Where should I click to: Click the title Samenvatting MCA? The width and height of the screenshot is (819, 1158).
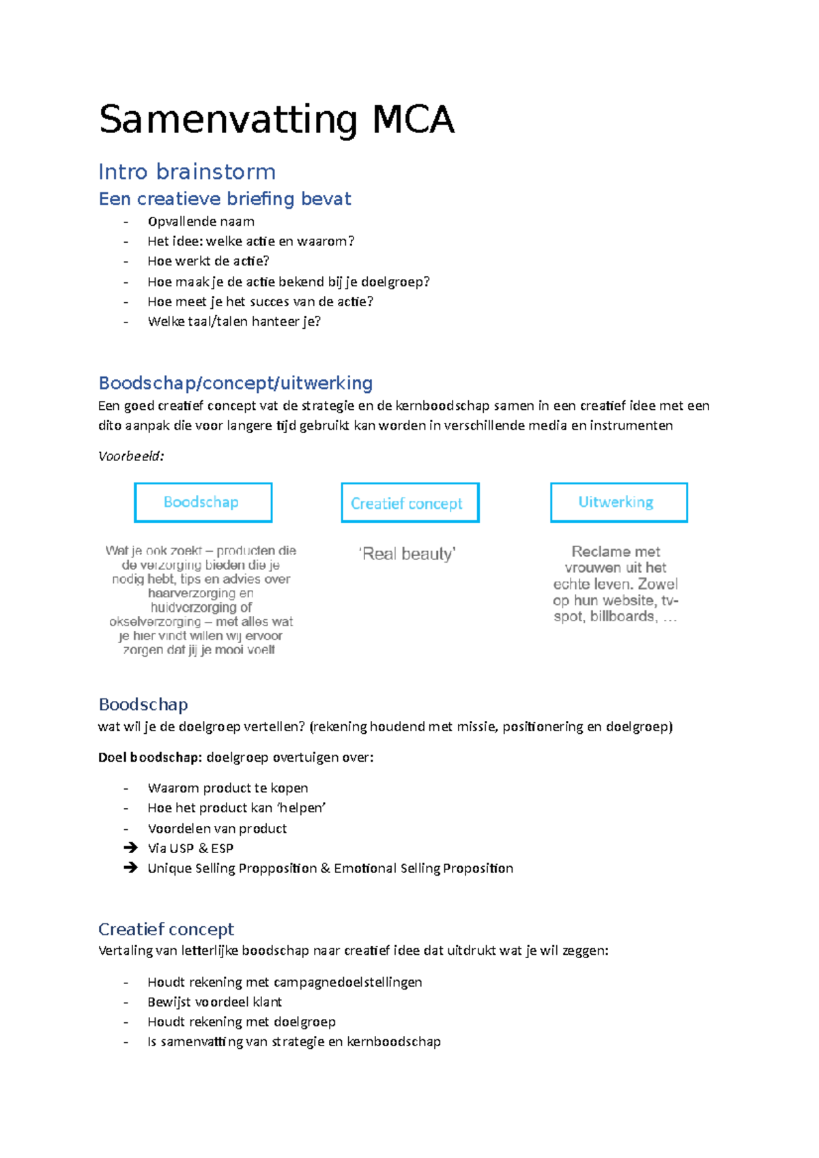click(276, 120)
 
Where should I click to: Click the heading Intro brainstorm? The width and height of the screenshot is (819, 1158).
click(187, 171)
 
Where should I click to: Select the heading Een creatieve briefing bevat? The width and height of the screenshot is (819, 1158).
click(225, 198)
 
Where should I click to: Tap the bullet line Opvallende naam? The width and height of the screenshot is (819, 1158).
click(201, 221)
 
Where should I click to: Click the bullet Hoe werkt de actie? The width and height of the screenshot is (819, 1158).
click(208, 261)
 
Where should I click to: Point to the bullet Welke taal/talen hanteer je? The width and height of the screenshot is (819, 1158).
click(233, 321)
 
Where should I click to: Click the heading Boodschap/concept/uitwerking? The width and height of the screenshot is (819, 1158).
click(235, 383)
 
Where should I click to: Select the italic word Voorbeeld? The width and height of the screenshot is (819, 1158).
click(131, 456)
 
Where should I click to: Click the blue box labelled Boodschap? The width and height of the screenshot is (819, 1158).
click(203, 503)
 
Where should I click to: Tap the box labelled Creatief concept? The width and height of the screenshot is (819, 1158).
click(409, 503)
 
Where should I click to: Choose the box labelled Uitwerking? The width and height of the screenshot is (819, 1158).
click(618, 503)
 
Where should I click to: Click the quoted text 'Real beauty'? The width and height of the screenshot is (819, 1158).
click(407, 554)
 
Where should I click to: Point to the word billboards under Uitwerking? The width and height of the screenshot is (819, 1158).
click(622, 616)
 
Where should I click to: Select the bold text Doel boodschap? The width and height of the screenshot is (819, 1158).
click(150, 757)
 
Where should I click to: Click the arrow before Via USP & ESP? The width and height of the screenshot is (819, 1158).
click(130, 848)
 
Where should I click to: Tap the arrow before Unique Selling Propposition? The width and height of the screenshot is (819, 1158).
click(130, 867)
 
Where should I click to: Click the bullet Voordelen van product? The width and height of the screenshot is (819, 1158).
click(217, 828)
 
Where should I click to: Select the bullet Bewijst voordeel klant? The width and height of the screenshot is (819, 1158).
click(214, 1002)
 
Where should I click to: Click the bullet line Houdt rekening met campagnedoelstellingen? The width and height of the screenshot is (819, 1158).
click(285, 982)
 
